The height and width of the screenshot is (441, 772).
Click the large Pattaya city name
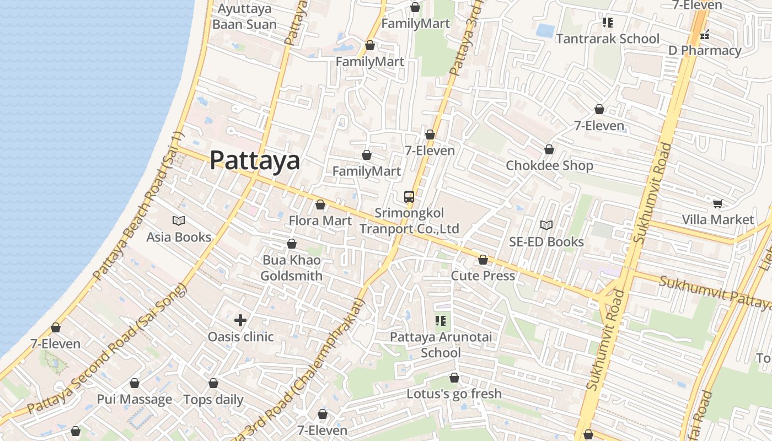pyautogui.click(x=255, y=160)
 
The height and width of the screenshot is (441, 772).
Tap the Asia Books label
pyautogui.click(x=179, y=237)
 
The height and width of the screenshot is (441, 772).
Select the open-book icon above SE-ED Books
pyautogui.click(x=546, y=225)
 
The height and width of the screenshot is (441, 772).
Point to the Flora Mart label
pyautogui.click(x=320, y=221)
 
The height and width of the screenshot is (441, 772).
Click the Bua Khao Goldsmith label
pyautogui.click(x=291, y=268)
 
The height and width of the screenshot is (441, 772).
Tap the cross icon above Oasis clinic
pyautogui.click(x=240, y=320)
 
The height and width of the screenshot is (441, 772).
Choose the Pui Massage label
pyautogui.click(x=135, y=400)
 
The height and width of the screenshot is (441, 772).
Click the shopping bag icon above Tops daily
pyautogui.click(x=213, y=383)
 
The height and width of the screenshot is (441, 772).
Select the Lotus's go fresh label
pyautogui.click(x=454, y=394)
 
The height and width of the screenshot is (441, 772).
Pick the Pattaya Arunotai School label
pyautogui.click(x=441, y=345)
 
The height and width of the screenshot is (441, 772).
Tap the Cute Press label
pyautogui.click(x=483, y=276)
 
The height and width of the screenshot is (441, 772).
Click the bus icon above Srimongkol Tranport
pyautogui.click(x=409, y=196)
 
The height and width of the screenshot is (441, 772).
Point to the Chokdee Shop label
pyautogui.click(x=549, y=165)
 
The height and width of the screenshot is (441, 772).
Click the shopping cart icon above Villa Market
pyautogui.click(x=717, y=204)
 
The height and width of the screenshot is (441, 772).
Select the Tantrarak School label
pyautogui.click(x=607, y=39)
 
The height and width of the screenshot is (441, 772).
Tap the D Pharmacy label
pyautogui.click(x=705, y=51)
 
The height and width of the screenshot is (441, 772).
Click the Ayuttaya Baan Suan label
pyautogui.click(x=244, y=17)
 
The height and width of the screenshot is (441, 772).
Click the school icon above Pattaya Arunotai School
pyautogui.click(x=440, y=320)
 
